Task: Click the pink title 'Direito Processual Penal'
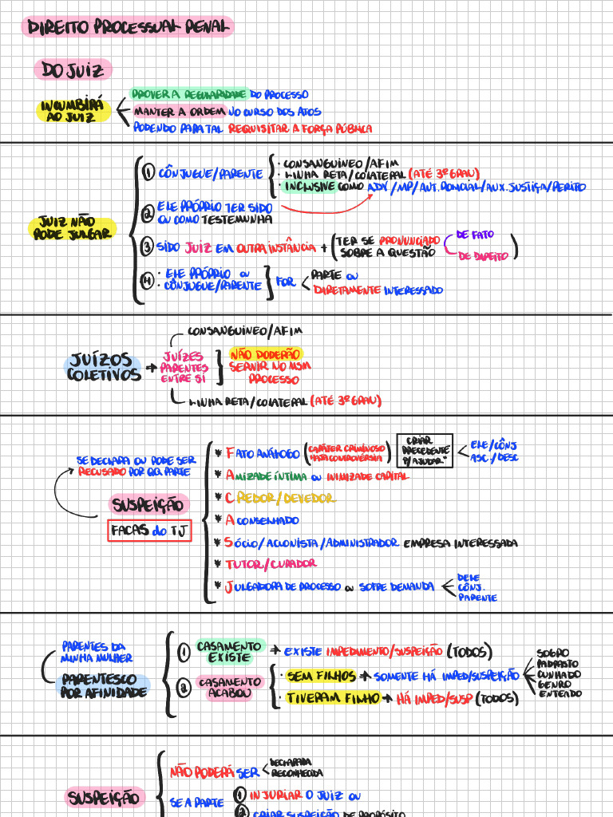tap(128, 28)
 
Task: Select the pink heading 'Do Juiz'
tap(73, 71)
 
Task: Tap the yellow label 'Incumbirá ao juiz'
tap(74, 111)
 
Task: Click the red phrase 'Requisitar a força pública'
tap(299, 128)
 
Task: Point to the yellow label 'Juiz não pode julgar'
tap(71, 228)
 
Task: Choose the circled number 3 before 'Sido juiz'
tap(147, 247)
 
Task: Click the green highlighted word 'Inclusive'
tap(310, 187)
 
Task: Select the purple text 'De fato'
tap(475, 235)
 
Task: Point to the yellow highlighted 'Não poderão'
tap(266, 353)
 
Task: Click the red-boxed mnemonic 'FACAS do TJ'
tap(151, 531)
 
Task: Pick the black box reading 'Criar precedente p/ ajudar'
tap(424, 451)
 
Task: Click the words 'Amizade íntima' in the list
tap(267, 476)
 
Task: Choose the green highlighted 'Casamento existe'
tap(228, 651)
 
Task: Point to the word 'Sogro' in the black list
tap(553, 653)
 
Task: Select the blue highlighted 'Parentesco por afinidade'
tap(104, 686)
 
